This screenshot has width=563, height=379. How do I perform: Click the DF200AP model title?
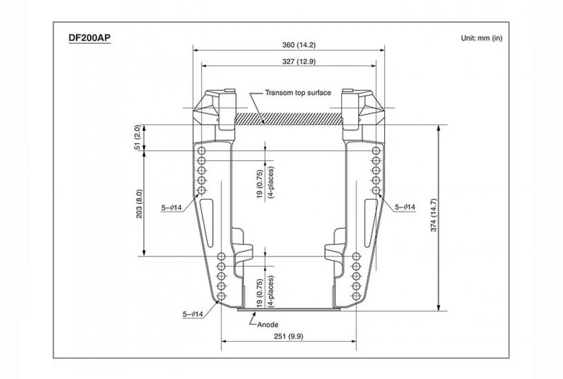pyautogui.click(x=89, y=38)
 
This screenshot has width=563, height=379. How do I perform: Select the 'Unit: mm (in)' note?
pyautogui.click(x=482, y=38)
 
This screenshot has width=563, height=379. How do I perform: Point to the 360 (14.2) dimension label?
pyautogui.click(x=299, y=45)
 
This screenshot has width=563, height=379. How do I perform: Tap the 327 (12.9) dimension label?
pyautogui.click(x=299, y=62)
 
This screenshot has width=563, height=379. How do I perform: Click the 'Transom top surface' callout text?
pyautogui.click(x=298, y=93)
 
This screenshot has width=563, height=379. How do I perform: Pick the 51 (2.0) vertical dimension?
pyautogui.click(x=138, y=137)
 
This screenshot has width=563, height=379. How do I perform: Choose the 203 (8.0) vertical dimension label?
pyautogui.click(x=139, y=204)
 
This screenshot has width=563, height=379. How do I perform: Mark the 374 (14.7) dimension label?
pyautogui.click(x=434, y=215)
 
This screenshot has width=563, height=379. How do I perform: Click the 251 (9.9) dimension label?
pyautogui.click(x=289, y=336)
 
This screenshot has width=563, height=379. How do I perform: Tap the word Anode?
pyautogui.click(x=268, y=325)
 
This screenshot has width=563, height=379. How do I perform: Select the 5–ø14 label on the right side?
pyautogui.click(x=405, y=207)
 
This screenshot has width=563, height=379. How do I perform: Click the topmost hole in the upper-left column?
pyautogui.click(x=202, y=151)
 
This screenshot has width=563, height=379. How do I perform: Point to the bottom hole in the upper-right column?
pyautogui.click(x=376, y=190)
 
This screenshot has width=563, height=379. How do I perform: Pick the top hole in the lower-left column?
pyautogui.click(x=221, y=257)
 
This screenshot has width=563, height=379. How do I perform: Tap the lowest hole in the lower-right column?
pyautogui.click(x=356, y=296)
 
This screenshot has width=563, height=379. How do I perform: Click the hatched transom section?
pyautogui.click(x=289, y=119)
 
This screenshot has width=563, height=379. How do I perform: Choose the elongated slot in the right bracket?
pyautogui.click(x=371, y=223)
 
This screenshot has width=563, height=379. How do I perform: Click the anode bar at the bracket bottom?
pyautogui.click(x=289, y=310)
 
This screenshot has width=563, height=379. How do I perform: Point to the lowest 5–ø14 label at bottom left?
pyautogui.click(x=192, y=314)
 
